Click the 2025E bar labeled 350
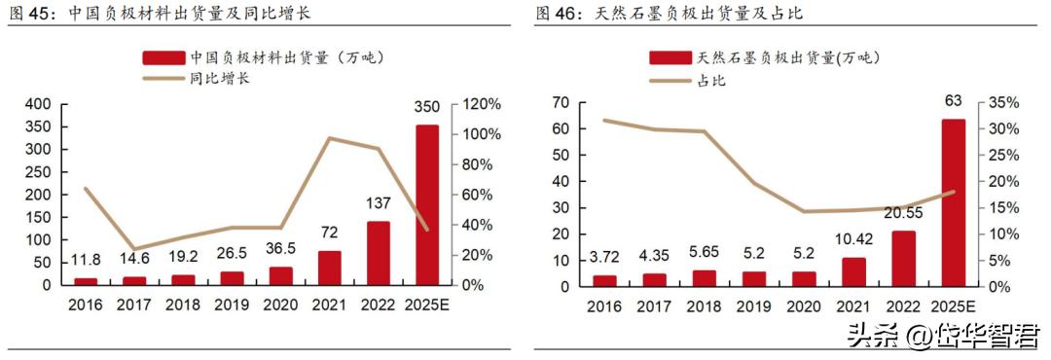tap(426, 204)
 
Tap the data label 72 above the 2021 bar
tap(330, 234)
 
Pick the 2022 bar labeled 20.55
tap(903, 258)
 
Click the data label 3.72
tap(603, 257)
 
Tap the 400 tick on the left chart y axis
tap(38, 104)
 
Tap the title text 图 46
tap(558, 14)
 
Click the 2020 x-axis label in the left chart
tap(281, 305)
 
